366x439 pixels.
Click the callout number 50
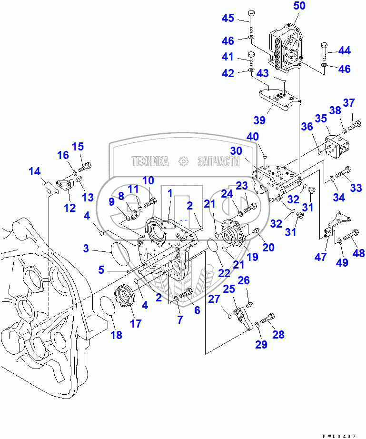click(x=299, y=6)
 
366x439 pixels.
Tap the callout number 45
click(x=228, y=19)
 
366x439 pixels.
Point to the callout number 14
click(x=34, y=172)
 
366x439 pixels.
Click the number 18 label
click(x=116, y=335)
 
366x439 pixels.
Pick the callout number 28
click(x=278, y=334)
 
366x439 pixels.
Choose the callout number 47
click(x=321, y=257)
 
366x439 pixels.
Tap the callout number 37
click(x=349, y=102)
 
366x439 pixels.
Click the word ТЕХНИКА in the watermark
click(x=150, y=162)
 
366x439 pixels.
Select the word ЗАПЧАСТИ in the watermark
click(x=218, y=162)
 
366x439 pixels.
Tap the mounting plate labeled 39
click(x=278, y=100)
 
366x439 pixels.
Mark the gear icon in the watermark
click(x=183, y=162)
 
